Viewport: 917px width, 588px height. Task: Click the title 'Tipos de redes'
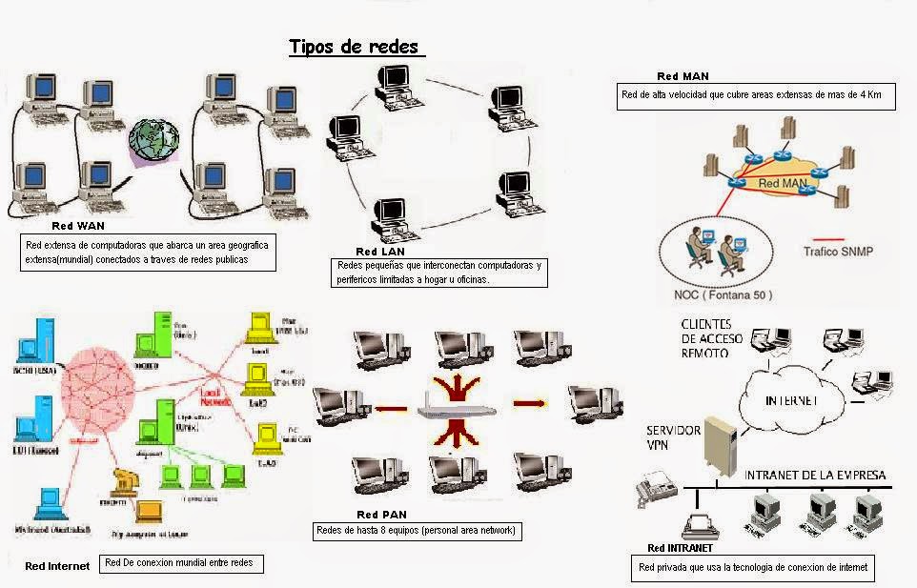click(353, 47)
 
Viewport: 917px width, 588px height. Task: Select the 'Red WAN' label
click(78, 227)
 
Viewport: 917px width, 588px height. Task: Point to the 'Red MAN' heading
click(683, 76)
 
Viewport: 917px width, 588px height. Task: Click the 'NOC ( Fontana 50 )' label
click(723, 294)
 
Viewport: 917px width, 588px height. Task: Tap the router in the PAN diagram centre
click(458, 411)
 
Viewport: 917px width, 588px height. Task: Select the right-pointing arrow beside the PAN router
click(527, 403)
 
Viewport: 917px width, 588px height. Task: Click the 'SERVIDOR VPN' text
click(674, 437)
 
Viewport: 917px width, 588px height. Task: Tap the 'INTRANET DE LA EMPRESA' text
click(815, 475)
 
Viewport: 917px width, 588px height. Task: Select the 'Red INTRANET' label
click(680, 548)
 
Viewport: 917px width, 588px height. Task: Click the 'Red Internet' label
click(57, 566)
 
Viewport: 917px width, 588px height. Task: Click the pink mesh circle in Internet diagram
click(95, 391)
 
